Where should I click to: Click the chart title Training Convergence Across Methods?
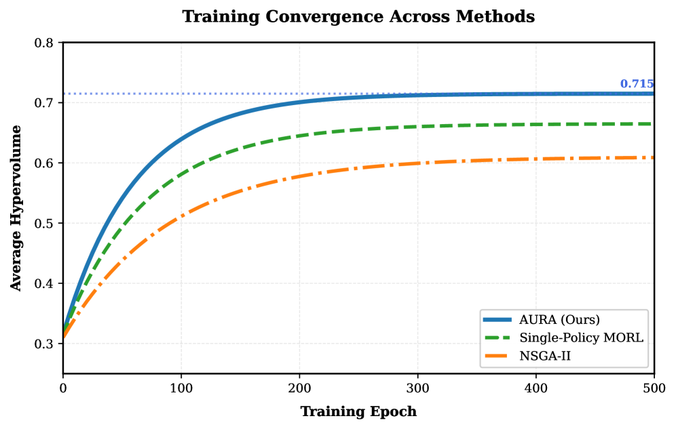[358, 17]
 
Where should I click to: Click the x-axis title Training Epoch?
[358, 411]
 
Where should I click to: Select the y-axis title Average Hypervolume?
[16, 207]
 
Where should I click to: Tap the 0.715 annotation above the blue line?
[637, 84]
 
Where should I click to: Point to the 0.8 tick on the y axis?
[45, 43]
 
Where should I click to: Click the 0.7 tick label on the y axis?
[45, 103]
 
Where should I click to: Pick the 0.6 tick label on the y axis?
[45, 163]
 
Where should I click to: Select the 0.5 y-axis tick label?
[45, 224]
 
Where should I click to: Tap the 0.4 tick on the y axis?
[45, 283]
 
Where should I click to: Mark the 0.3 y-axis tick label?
[45, 344]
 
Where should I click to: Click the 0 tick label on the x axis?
[63, 388]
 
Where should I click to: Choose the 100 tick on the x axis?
[181, 388]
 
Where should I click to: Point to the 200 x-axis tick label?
[299, 388]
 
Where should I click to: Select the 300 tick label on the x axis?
[418, 388]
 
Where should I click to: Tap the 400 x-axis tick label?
[536, 388]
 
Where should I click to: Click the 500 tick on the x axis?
[654, 388]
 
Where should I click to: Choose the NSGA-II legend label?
[546, 354]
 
